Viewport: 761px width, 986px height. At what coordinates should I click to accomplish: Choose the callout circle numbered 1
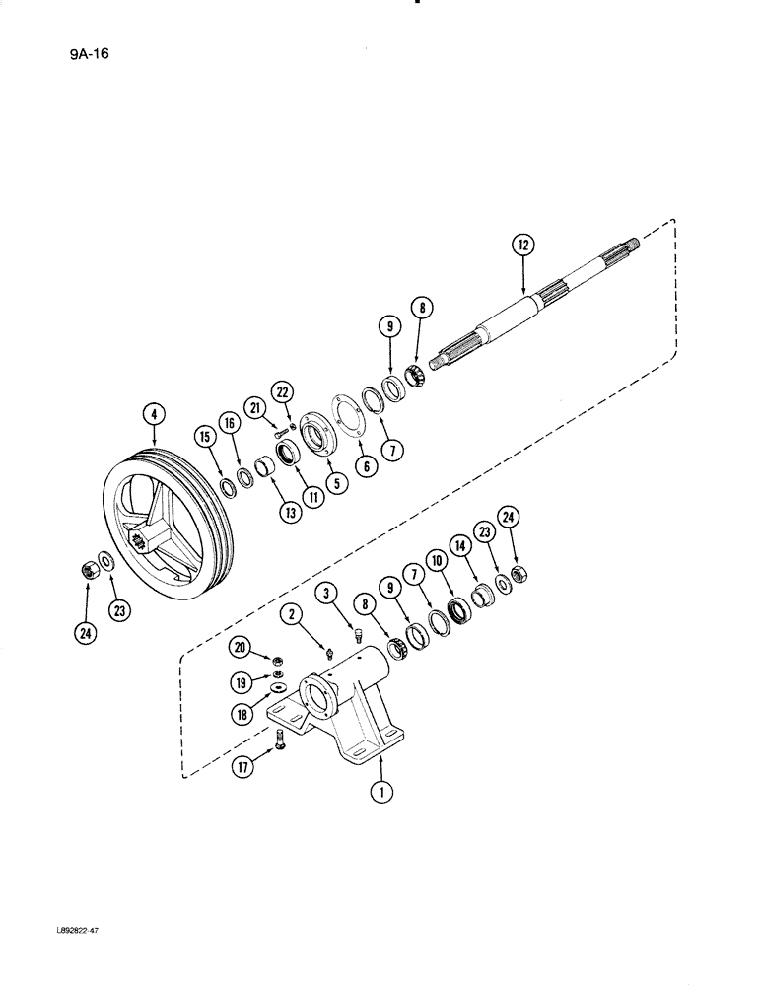pos(380,788)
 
